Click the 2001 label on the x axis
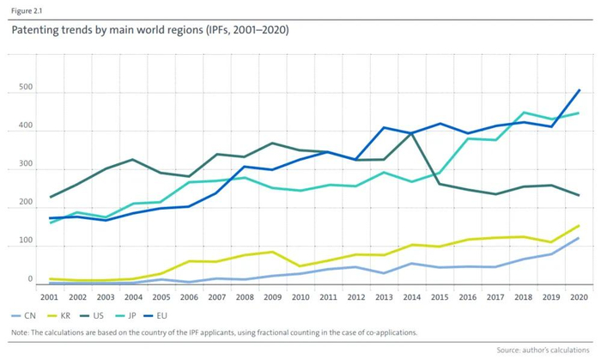tap(50, 296)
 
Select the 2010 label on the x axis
tap(300, 296)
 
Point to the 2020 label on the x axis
tap(579, 296)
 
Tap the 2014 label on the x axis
tap(412, 296)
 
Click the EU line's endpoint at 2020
tap(579, 89)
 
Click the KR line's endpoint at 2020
tap(579, 226)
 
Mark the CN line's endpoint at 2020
tap(579, 238)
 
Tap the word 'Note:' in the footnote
tap(21, 332)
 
